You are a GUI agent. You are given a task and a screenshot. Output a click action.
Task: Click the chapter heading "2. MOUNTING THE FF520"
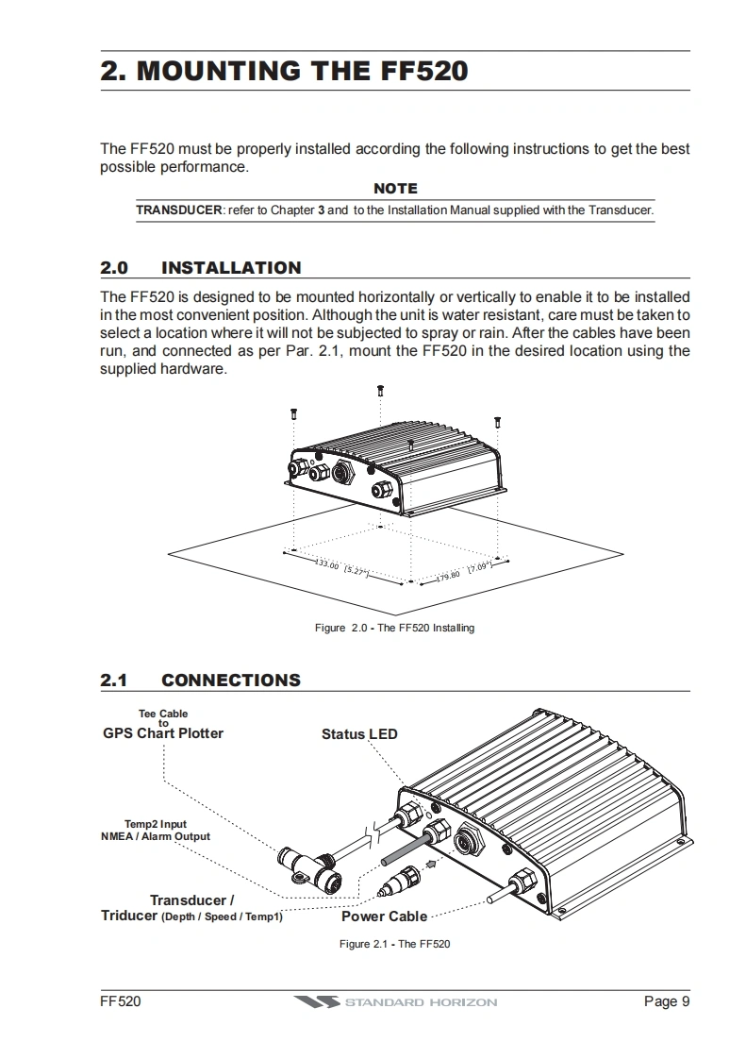click(284, 71)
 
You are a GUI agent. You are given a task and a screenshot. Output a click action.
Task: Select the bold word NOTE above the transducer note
click(395, 189)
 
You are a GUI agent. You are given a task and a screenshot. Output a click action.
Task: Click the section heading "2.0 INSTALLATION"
click(201, 267)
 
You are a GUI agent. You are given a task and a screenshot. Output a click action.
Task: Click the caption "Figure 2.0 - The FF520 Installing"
click(394, 628)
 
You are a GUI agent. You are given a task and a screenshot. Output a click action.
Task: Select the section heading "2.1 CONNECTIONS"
click(201, 680)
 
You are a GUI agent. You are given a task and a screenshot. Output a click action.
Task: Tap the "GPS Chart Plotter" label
click(163, 733)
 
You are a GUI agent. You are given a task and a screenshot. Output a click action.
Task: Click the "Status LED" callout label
click(359, 733)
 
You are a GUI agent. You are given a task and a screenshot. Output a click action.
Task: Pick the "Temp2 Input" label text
click(156, 824)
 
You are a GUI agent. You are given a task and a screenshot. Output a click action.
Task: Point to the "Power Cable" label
click(384, 916)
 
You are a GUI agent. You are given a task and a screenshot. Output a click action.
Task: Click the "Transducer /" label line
click(192, 900)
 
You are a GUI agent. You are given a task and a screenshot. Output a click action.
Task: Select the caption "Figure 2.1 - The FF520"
click(394, 944)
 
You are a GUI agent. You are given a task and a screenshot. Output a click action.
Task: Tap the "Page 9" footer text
click(667, 1001)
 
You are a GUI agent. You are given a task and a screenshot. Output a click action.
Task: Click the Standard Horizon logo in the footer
click(394, 1001)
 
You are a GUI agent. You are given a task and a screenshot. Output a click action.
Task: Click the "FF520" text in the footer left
click(121, 1001)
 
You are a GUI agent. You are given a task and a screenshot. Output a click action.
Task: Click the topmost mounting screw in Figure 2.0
click(380, 390)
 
